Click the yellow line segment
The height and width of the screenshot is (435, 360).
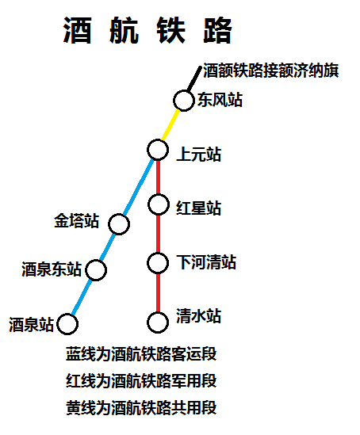170,125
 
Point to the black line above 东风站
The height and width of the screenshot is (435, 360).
194,78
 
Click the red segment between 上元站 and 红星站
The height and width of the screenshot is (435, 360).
159,177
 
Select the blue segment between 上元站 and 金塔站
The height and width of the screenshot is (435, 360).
138,186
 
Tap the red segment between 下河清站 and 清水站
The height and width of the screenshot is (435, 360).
158,292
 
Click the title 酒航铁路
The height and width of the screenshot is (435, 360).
147,30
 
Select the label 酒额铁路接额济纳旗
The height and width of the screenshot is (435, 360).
271,71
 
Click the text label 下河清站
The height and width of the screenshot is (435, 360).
206,262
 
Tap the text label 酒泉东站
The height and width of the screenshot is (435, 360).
52,269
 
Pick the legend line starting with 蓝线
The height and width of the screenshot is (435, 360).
141,353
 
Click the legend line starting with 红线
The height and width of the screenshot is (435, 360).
141,380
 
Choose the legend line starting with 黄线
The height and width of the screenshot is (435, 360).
141,407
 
